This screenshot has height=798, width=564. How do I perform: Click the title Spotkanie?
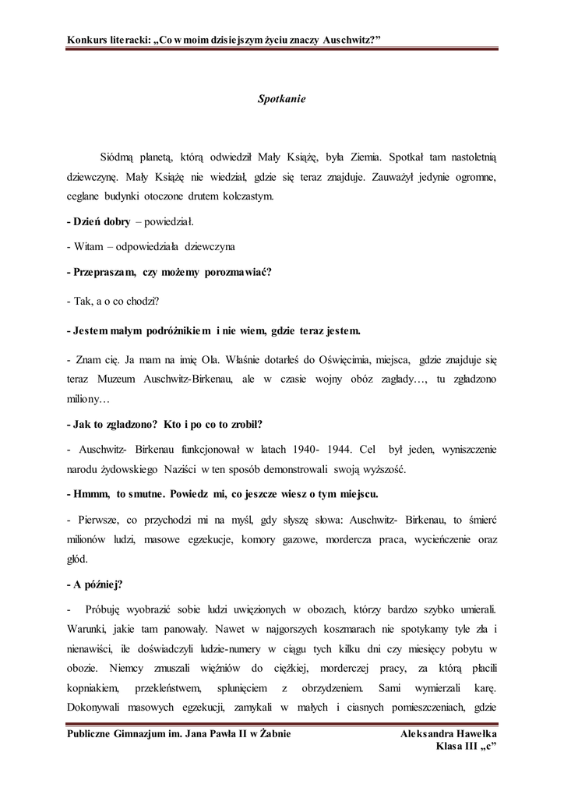click(282, 99)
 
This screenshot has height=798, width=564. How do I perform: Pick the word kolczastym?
click(249, 197)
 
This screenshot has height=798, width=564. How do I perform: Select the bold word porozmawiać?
click(237, 272)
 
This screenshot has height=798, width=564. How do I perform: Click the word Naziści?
click(182, 470)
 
